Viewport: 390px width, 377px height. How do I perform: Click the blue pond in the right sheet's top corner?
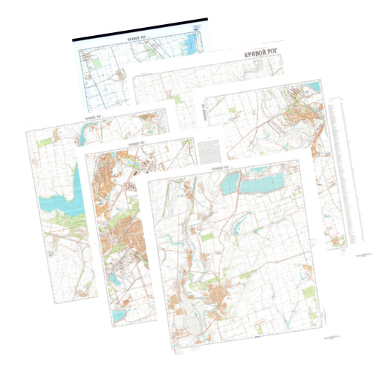pos(315,87)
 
